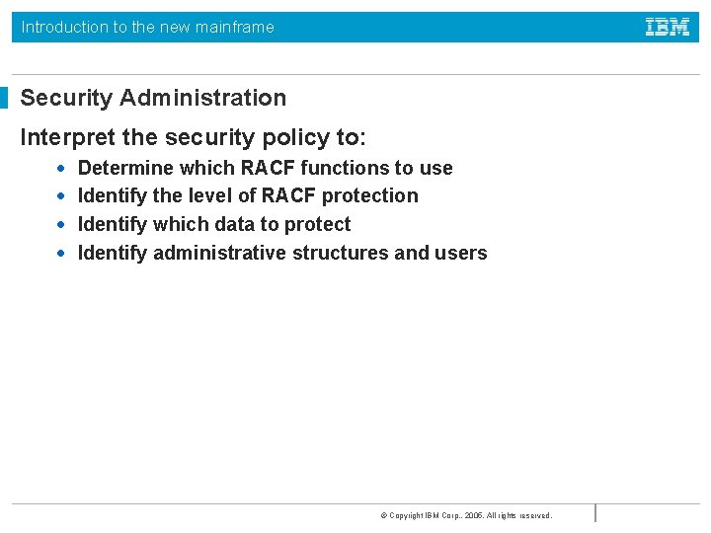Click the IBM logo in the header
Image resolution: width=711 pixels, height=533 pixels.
(668, 28)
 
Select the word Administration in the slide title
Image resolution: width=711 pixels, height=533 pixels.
(202, 98)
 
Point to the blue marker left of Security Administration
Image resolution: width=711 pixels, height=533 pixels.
(4, 98)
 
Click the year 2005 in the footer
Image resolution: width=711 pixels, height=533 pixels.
(475, 515)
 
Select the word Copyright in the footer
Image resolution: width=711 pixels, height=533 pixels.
(405, 515)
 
